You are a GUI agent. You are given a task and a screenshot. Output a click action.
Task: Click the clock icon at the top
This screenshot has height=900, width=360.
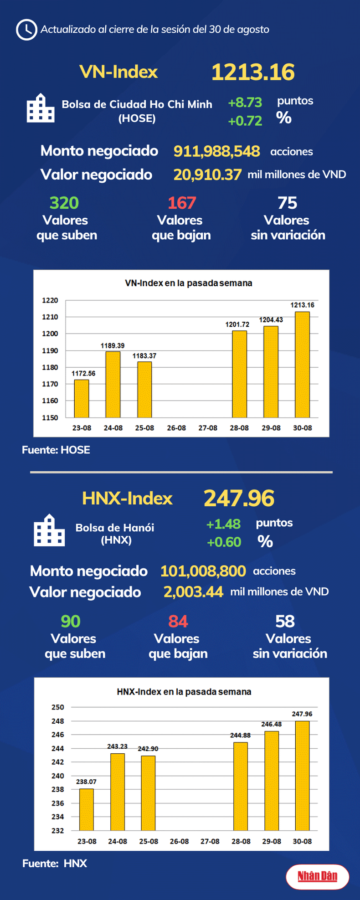(x=26, y=30)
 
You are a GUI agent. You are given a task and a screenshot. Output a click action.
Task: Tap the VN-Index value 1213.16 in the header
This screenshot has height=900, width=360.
(x=253, y=72)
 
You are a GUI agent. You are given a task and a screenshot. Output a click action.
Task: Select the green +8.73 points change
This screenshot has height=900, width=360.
(x=245, y=103)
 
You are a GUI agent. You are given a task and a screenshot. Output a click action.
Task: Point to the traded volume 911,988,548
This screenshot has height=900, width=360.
(x=216, y=151)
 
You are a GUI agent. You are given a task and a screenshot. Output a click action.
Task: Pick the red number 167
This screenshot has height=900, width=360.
(x=182, y=203)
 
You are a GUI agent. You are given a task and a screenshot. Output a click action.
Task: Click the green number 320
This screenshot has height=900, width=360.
(x=64, y=203)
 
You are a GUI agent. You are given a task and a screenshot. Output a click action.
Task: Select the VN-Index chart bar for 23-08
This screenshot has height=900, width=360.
(x=82, y=398)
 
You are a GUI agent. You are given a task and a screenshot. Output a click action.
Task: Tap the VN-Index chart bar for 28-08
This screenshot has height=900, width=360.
(x=239, y=374)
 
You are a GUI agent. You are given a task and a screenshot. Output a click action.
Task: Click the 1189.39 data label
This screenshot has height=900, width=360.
(x=113, y=346)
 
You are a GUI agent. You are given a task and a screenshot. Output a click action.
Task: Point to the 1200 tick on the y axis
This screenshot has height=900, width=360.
(x=50, y=334)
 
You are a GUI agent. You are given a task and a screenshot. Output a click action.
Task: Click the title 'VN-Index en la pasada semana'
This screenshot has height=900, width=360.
(x=188, y=283)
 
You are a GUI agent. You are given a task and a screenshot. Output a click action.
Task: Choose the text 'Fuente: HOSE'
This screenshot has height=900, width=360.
(x=56, y=450)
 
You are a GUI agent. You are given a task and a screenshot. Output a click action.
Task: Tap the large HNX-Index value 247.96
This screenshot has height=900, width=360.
(x=239, y=498)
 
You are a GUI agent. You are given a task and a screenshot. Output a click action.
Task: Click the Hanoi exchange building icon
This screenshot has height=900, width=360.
(x=49, y=531)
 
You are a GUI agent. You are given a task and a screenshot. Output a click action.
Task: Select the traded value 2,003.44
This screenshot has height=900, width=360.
(x=193, y=592)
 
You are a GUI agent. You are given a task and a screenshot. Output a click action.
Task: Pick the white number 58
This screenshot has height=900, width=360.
(x=285, y=622)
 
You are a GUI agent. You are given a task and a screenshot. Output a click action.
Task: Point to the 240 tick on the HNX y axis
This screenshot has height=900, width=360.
(x=58, y=776)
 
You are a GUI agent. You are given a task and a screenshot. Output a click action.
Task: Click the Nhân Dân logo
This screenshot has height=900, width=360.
(x=318, y=876)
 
